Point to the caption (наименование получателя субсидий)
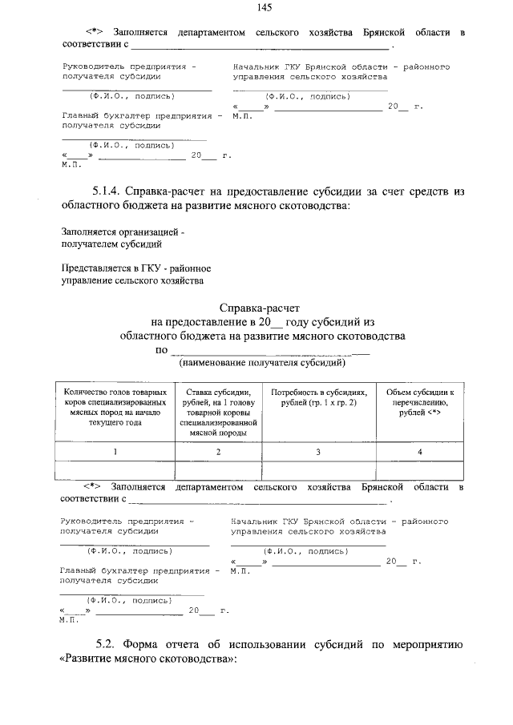262,363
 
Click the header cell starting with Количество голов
115,406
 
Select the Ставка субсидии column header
219,411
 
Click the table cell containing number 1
115,452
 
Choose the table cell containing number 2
219,452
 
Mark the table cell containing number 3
319,452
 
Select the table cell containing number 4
420,452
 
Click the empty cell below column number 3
319,470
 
